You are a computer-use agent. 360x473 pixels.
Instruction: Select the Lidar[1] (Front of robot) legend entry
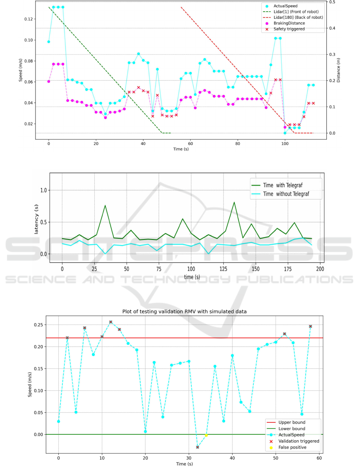[298, 12]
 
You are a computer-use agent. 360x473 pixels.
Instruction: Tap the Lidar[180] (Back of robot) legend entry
[298, 18]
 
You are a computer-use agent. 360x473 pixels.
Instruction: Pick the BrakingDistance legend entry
[289, 23]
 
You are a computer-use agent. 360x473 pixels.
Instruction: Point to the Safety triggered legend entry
[289, 29]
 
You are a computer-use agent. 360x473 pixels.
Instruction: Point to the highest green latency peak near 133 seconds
[234, 202]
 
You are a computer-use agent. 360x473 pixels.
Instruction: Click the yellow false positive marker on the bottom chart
[206, 435]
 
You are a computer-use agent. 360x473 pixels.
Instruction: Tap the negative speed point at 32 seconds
[197, 447]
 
